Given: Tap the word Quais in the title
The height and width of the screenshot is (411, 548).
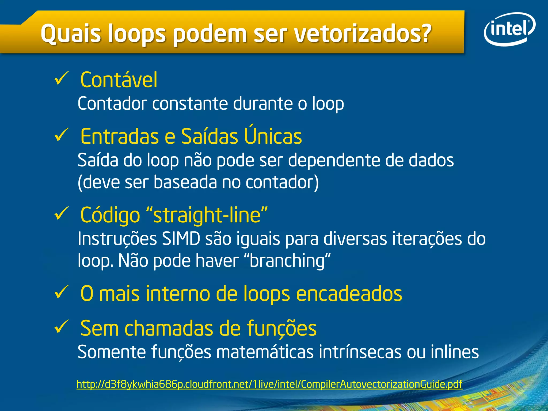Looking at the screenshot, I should (x=71, y=34).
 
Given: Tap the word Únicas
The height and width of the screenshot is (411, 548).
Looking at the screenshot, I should (x=273, y=136).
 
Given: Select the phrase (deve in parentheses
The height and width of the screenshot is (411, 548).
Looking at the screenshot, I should (x=98, y=182).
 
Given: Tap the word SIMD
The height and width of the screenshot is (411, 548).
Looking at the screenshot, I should (x=181, y=239).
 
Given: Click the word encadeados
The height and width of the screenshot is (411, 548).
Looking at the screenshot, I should (x=349, y=294).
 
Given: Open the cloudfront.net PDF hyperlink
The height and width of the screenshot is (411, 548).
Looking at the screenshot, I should (x=269, y=384).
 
